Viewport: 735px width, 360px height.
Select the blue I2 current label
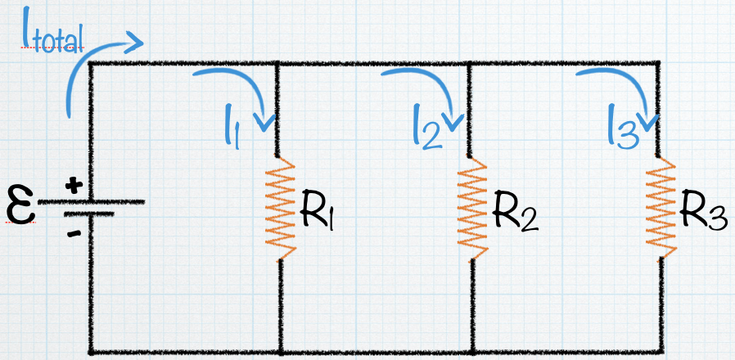click(426, 131)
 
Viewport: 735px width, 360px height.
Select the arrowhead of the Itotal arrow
click(135, 41)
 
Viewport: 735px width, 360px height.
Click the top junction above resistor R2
click(470, 63)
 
